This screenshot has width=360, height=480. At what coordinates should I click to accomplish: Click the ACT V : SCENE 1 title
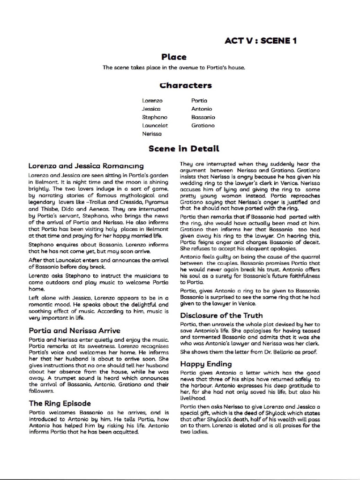point(260,41)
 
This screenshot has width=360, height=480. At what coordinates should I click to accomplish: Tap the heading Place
point(174,57)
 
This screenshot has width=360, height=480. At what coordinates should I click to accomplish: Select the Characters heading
point(186,85)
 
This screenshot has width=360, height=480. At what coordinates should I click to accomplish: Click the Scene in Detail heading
point(184,149)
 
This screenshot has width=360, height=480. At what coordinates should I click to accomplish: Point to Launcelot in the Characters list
point(155,125)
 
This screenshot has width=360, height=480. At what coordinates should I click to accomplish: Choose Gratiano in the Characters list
point(203,125)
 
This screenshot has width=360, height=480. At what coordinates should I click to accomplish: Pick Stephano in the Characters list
point(155,117)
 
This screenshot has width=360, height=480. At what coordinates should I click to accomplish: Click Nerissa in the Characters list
point(152,134)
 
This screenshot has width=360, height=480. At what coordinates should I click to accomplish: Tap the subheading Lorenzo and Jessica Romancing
point(86,166)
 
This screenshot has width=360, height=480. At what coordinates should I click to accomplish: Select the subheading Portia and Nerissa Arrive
point(74,330)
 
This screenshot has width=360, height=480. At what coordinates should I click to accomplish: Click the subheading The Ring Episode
point(60,403)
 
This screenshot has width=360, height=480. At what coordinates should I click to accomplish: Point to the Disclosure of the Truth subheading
point(221,315)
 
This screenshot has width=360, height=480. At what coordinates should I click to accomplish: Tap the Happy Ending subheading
point(206,364)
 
